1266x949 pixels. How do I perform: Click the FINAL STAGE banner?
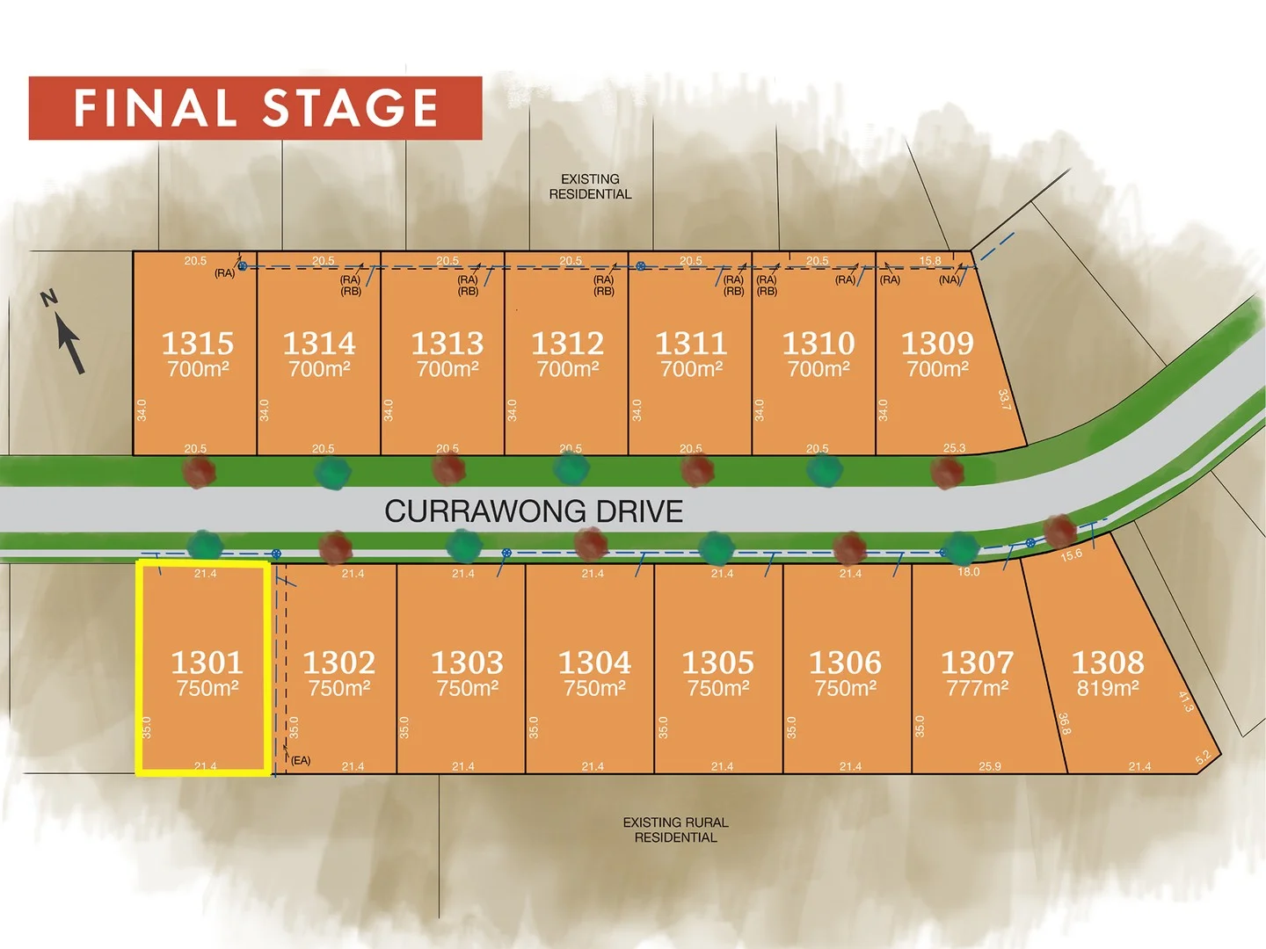click(x=255, y=108)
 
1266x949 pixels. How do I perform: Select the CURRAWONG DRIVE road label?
click(x=534, y=511)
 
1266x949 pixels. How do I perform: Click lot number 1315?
click(x=198, y=343)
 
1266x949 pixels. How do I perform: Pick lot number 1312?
click(x=567, y=343)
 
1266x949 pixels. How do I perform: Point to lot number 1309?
click(x=937, y=343)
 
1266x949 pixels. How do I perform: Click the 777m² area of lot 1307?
click(x=977, y=688)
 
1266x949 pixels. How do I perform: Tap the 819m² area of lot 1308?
click(x=1108, y=688)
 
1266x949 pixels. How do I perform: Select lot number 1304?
click(x=594, y=662)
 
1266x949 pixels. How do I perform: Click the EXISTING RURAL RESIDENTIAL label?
click(x=675, y=829)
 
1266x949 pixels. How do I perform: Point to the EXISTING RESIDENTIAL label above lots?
click(x=590, y=186)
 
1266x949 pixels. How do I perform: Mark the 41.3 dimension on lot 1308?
click(x=1185, y=701)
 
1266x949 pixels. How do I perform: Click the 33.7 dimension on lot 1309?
click(x=1004, y=400)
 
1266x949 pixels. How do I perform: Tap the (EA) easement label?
click(x=301, y=760)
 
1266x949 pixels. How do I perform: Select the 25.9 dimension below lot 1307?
click(x=990, y=766)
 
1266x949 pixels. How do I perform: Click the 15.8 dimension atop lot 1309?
click(x=930, y=261)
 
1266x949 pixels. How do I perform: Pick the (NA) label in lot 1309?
click(x=949, y=280)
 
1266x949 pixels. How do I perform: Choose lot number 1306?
click(x=845, y=662)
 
